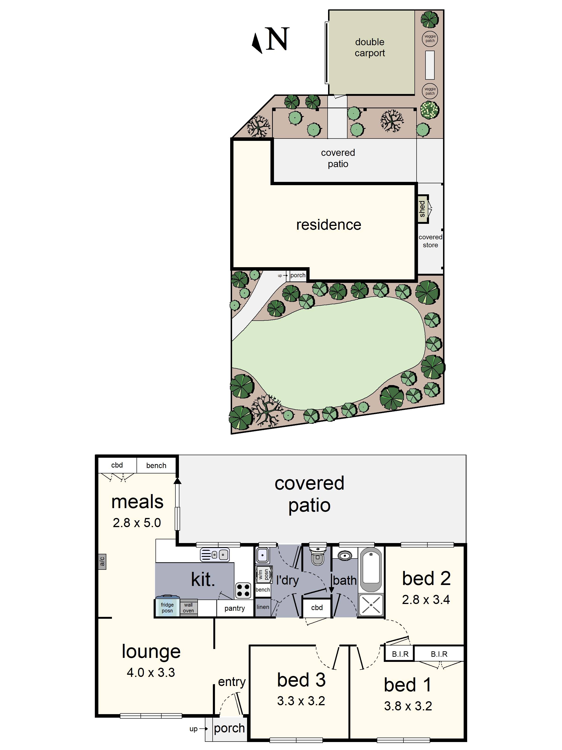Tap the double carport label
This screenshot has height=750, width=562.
(x=370, y=48)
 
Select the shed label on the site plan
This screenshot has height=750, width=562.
(x=422, y=209)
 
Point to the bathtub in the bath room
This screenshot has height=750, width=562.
(x=371, y=570)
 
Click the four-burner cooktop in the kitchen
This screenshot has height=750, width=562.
(x=243, y=590)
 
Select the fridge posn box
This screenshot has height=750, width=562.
(x=167, y=607)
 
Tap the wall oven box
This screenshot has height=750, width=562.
(x=188, y=607)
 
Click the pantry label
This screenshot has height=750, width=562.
(x=234, y=608)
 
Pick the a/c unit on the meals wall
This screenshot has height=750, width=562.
(x=102, y=562)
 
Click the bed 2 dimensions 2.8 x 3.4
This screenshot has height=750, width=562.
(x=426, y=600)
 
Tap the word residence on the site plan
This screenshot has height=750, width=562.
(x=329, y=225)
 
